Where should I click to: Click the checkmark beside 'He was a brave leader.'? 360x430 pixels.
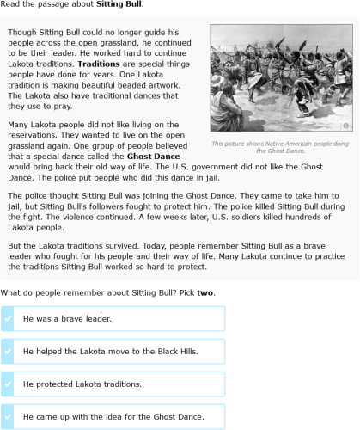9,319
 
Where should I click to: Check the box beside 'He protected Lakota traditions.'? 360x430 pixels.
9,384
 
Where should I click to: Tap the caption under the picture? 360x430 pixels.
280,147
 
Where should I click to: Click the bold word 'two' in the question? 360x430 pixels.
205,293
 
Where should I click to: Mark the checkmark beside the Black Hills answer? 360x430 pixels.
9,352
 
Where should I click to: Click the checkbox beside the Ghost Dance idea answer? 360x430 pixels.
9,417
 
